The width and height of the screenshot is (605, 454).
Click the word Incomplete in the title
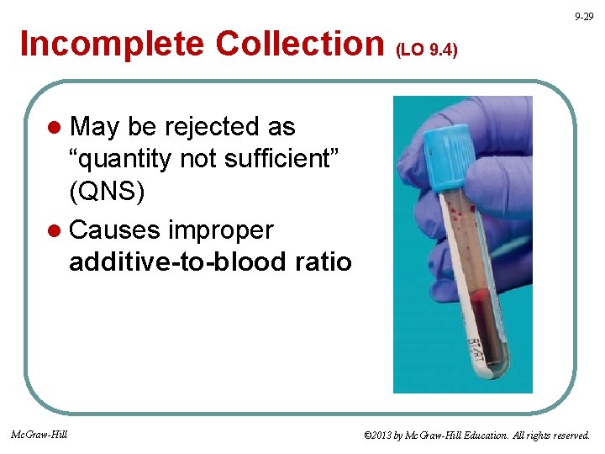point(113,44)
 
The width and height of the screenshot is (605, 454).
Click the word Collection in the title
point(300,44)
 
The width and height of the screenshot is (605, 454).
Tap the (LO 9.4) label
point(426,50)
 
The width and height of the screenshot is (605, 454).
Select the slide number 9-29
point(583,17)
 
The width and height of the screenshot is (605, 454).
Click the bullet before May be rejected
point(55,128)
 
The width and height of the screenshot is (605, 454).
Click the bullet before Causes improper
point(55,230)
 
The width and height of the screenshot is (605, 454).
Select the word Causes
point(115,229)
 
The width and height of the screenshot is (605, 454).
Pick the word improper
point(222,229)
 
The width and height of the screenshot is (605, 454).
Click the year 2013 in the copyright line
point(384,436)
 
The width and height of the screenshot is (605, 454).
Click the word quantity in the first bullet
point(130,160)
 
